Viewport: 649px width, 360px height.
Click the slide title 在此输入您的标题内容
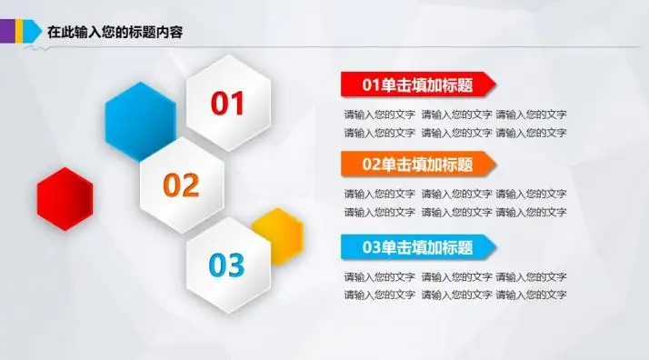(115, 32)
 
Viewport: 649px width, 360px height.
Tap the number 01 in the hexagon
(228, 104)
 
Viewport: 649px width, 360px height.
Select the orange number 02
(181, 185)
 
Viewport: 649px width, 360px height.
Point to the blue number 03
(227, 265)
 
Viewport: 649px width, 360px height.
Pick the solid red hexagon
(65, 199)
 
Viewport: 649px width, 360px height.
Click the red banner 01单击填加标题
(416, 85)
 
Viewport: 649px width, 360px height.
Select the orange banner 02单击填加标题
(416, 165)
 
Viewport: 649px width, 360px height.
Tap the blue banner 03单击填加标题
(416, 246)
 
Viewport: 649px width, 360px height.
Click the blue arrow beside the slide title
(33, 31)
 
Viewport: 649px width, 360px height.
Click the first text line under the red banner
(454, 115)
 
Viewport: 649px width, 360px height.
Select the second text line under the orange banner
(454, 212)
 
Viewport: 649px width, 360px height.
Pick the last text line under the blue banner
(454, 295)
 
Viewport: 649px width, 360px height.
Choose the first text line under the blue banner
(454, 276)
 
